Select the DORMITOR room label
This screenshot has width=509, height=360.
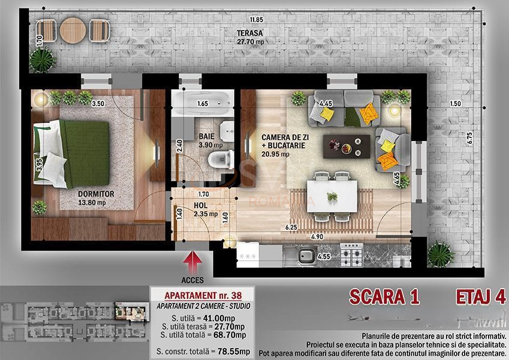point(96,194)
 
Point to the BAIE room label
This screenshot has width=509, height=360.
point(207,136)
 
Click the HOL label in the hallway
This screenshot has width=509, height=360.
point(200,205)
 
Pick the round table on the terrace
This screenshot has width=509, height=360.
point(73,29)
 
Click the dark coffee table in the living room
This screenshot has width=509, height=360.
point(347,146)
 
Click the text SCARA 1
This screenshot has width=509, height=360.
point(384,296)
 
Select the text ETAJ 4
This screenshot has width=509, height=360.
point(480,296)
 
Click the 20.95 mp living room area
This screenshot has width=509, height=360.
point(275,154)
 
